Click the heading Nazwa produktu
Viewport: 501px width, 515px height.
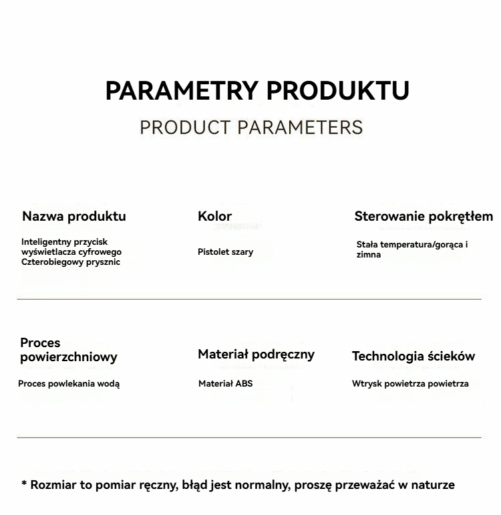pyautogui.click(x=73, y=216)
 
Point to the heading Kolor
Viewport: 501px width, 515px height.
pyautogui.click(x=214, y=216)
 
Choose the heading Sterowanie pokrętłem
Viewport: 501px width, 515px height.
pyautogui.click(x=424, y=216)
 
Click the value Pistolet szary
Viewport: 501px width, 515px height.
pyautogui.click(x=225, y=252)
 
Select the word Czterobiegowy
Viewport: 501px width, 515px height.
pyautogui.click(x=51, y=262)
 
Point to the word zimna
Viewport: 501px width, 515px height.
pyautogui.click(x=368, y=255)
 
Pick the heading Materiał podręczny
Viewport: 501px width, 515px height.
pyautogui.click(x=256, y=354)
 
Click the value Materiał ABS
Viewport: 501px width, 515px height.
pyautogui.click(x=225, y=384)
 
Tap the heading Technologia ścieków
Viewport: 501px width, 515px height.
pyautogui.click(x=413, y=356)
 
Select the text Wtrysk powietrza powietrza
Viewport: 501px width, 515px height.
pyautogui.click(x=410, y=384)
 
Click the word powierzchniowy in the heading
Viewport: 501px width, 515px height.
pyautogui.click(x=68, y=357)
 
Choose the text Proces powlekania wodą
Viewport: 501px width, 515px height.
pyautogui.click(x=69, y=384)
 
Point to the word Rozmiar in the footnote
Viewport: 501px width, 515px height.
pyautogui.click(x=53, y=485)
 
